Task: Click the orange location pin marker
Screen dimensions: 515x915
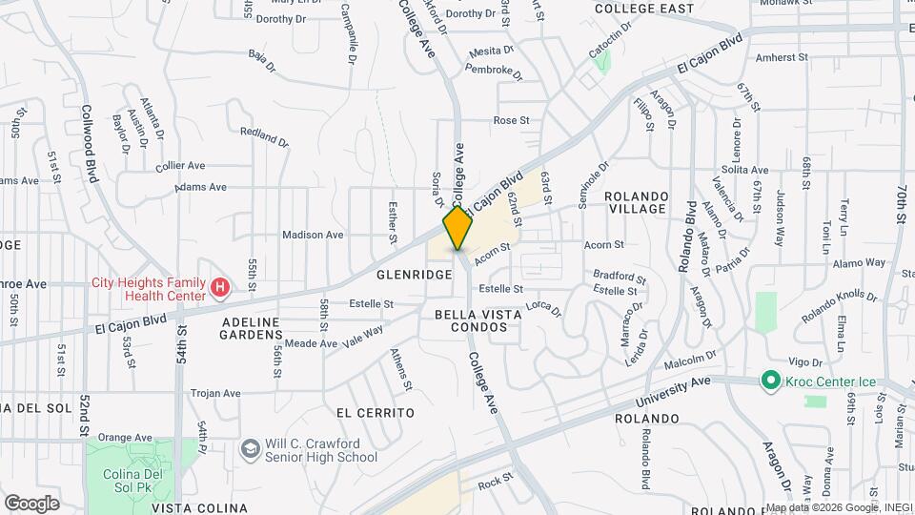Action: point(457,228)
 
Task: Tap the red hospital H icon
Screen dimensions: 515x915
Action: point(220,286)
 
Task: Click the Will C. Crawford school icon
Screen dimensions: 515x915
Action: point(250,448)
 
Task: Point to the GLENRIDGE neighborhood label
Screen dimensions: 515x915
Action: point(414,274)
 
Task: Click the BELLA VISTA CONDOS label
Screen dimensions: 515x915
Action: point(471,320)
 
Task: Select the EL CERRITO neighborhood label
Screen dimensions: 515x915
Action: point(376,413)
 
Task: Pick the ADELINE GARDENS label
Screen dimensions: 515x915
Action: point(252,328)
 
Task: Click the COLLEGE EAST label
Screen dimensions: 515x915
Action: point(643,9)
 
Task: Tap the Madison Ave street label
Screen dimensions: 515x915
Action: point(313,235)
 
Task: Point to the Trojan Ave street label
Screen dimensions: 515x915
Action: point(215,393)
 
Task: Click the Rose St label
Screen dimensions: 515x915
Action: point(511,120)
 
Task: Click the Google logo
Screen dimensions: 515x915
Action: point(31,503)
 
